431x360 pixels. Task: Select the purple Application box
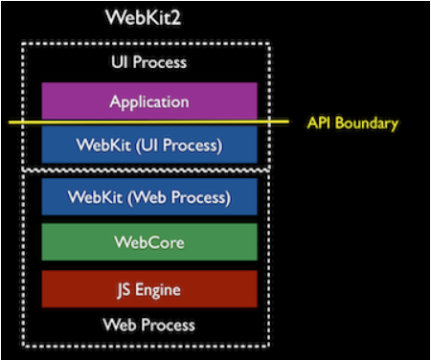tap(148, 101)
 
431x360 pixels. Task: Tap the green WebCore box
tap(148, 242)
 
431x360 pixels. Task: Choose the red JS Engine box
tap(148, 288)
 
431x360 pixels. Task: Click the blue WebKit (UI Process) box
tap(148, 146)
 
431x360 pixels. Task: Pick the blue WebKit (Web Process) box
tap(148, 197)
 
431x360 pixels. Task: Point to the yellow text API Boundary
tap(352, 123)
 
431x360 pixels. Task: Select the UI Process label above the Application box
tap(148, 62)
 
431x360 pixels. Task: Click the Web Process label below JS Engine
tap(148, 326)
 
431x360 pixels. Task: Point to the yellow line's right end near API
tap(289, 122)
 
